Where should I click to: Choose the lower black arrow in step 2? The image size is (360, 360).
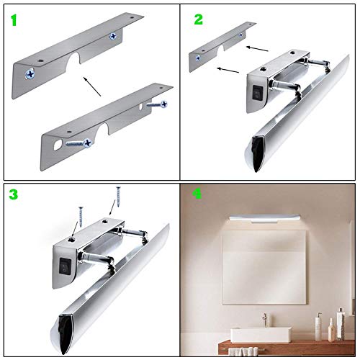[x=229, y=70]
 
